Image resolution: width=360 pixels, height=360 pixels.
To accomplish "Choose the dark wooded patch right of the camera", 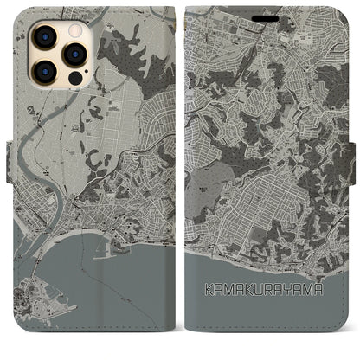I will [112, 61].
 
